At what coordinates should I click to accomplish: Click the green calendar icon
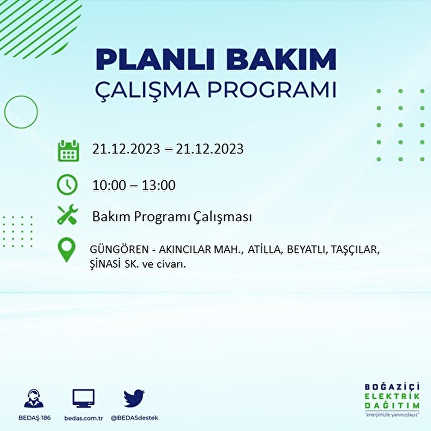[x=69, y=150]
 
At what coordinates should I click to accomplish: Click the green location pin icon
[x=66, y=250]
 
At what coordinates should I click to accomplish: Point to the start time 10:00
[x=109, y=185]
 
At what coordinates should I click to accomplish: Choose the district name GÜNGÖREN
[x=119, y=249]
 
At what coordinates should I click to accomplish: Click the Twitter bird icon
[x=134, y=398]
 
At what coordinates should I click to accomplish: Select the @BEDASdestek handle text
[x=134, y=418]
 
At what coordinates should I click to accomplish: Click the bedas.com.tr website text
[x=84, y=418]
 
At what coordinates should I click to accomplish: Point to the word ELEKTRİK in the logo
[x=392, y=397]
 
